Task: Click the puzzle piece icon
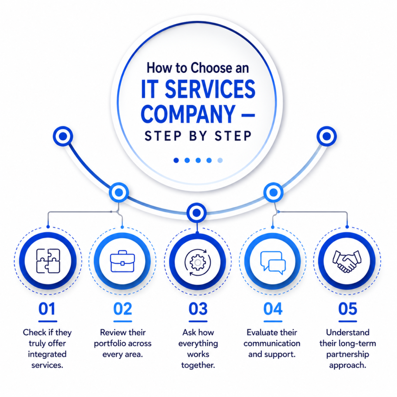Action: [x=48, y=261]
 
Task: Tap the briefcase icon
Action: [x=123, y=261]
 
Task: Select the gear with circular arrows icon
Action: [x=198, y=262]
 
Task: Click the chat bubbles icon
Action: [x=273, y=263]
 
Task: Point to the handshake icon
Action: [x=347, y=262]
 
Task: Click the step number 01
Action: [x=47, y=309]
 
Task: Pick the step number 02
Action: [x=123, y=309]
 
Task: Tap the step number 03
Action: [x=198, y=309]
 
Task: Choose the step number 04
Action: [x=273, y=309]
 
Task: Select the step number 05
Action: [x=348, y=309]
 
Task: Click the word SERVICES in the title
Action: [x=210, y=89]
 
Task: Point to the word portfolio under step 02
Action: [x=108, y=343]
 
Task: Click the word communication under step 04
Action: [x=272, y=343]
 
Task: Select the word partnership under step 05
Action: [x=347, y=354]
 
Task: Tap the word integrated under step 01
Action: [x=47, y=354]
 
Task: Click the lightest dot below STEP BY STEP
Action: [x=220, y=160]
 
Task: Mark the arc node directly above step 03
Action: [x=197, y=213]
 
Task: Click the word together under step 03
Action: [x=198, y=365]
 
